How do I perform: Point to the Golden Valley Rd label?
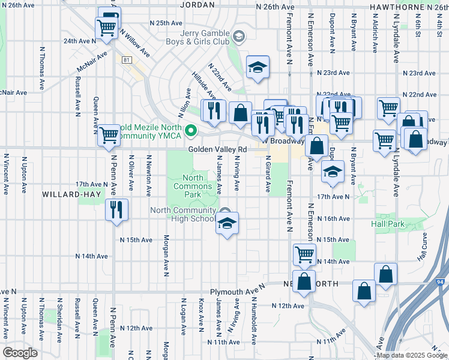click(217, 149)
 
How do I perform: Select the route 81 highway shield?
click(126, 60)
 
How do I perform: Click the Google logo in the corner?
click(19, 353)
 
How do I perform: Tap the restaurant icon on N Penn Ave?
click(116, 209)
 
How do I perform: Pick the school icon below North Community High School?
click(226, 224)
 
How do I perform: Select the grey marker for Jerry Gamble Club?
click(239, 37)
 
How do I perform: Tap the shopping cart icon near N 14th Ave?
click(304, 254)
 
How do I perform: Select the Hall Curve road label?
click(423, 247)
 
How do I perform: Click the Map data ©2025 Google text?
click(412, 355)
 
